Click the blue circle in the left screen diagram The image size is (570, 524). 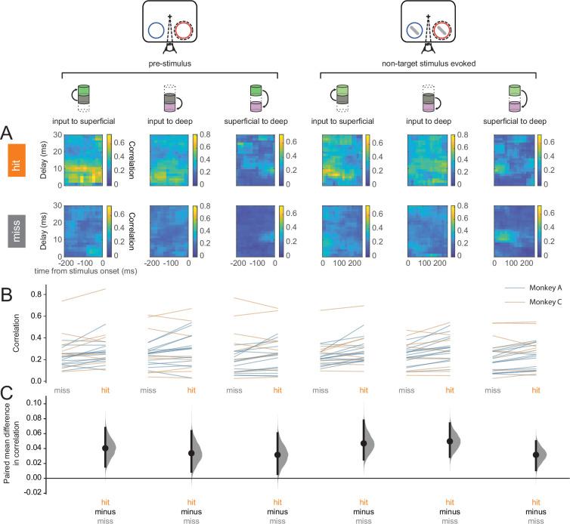[x=156, y=30]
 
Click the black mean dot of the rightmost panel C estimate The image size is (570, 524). [x=536, y=455]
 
